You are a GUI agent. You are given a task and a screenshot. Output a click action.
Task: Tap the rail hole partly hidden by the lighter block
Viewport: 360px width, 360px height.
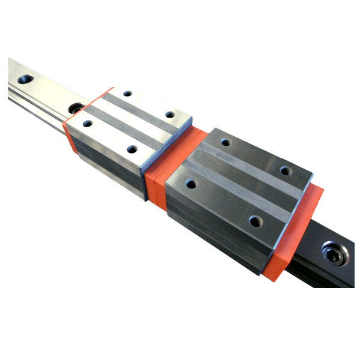[76, 108]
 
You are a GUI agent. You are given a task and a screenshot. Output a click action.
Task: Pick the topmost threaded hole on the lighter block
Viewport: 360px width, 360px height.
[128, 94]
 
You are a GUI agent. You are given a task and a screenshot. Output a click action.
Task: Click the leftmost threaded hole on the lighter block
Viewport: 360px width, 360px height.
[88, 124]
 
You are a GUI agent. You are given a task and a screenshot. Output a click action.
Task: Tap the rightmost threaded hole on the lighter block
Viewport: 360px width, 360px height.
[170, 114]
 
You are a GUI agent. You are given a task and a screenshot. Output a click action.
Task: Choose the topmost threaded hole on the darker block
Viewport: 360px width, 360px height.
[226, 142]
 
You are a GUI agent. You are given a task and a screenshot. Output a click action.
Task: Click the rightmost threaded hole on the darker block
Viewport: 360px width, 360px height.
[286, 171]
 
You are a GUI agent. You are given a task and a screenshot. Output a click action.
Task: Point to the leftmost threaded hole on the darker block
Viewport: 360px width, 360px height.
[191, 184]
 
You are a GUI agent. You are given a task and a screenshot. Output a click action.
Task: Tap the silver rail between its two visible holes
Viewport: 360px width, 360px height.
[51, 93]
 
